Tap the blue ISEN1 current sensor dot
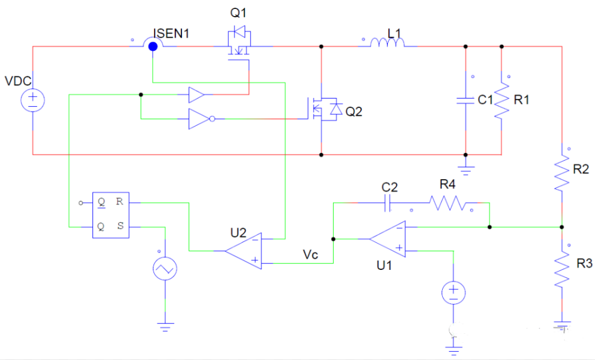(x=153, y=46)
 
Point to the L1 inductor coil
(x=388, y=42)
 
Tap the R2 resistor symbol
(x=562, y=173)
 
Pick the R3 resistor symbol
(x=562, y=270)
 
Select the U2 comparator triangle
(x=244, y=251)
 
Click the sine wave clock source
(x=165, y=269)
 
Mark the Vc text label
(x=311, y=254)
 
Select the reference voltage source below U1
(x=454, y=293)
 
